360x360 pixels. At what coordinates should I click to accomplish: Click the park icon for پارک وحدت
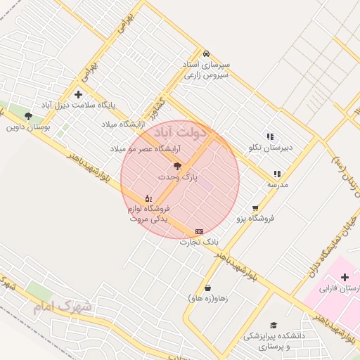[177, 167]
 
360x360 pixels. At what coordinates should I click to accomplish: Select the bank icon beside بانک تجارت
[199, 231]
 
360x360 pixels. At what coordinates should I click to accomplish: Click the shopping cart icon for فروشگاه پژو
[255, 208]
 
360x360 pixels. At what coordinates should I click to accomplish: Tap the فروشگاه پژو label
[255, 219]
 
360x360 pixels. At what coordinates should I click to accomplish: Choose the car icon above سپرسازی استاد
[205, 53]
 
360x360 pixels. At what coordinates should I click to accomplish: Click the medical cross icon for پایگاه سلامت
[78, 94]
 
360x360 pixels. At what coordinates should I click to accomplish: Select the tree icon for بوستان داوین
[28, 116]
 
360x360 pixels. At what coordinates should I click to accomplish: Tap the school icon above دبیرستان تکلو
[269, 136]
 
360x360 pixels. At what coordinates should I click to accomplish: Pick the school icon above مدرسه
[277, 174]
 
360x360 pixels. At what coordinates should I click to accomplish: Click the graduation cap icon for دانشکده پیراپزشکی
[274, 326]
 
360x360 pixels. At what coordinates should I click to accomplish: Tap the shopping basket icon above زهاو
[207, 288]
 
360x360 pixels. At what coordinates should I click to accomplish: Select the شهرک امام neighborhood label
[62, 307]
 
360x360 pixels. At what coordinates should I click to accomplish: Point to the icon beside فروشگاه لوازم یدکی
[148, 198]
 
